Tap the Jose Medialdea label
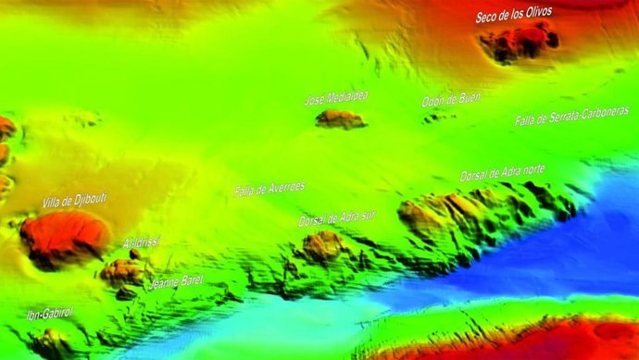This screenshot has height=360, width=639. click(340, 99)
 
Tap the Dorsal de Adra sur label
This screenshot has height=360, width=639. click(337, 218)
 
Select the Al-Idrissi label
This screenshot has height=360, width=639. click(141, 243)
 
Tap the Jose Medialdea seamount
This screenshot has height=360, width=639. click(340, 118)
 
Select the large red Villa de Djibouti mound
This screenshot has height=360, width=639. click(61, 238)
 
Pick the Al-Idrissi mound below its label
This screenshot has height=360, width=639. click(124, 271)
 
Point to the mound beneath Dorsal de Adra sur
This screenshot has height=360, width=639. click(324, 246)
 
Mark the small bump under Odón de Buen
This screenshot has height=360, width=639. click(439, 117)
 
